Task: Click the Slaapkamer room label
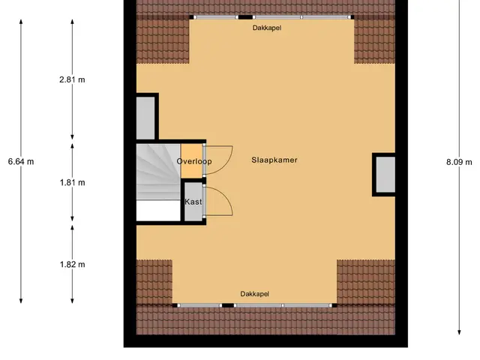(274, 160)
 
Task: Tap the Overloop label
(194, 161)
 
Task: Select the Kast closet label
(193, 202)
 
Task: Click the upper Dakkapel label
(267, 28)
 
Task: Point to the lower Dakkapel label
(255, 294)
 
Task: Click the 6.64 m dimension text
(21, 162)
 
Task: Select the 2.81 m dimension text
(72, 80)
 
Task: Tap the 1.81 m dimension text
(72, 183)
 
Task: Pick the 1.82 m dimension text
(72, 265)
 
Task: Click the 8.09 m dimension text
(459, 162)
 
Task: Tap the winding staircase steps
(158, 172)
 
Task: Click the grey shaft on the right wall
(385, 175)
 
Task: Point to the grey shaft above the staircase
(145, 118)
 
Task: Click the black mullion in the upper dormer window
(245, 17)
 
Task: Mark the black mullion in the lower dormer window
(228, 305)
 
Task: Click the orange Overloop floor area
(191, 161)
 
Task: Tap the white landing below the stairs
(158, 210)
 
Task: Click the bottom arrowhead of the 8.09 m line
(459, 332)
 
